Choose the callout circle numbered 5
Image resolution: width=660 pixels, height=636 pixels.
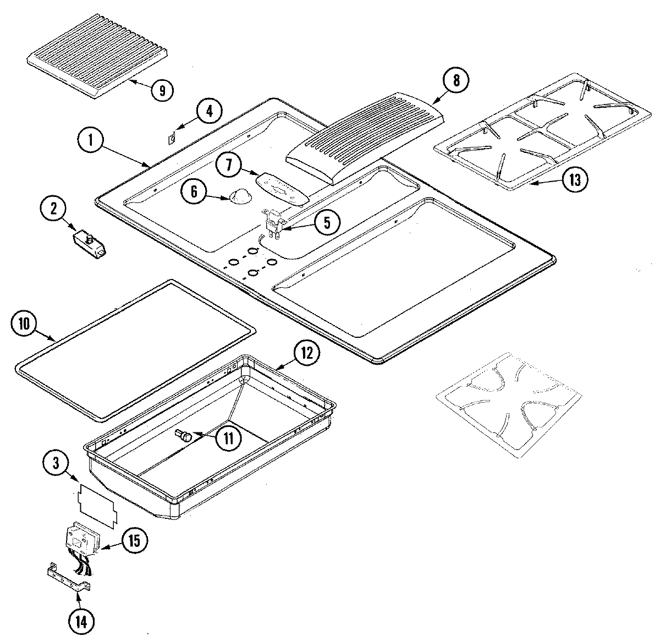pos(327,222)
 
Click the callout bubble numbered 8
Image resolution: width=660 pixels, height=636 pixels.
pos(457,80)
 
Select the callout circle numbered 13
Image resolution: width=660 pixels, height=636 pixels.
pos(574,180)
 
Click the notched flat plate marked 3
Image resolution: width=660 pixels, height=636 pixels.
pos(100,504)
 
